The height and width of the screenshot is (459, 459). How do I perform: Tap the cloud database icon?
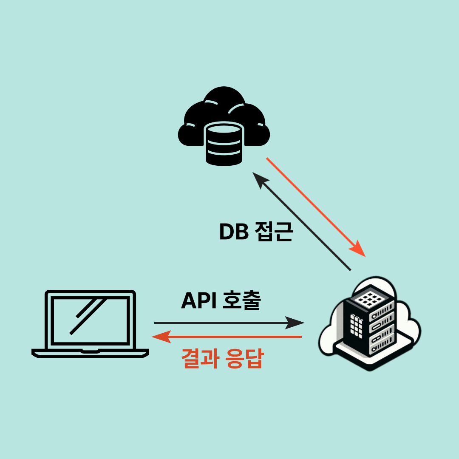224,125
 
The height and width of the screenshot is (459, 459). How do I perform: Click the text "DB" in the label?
234,232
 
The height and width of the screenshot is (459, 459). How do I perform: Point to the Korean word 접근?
274,232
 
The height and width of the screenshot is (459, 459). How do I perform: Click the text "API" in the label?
198,301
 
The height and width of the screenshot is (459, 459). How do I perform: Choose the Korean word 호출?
241,301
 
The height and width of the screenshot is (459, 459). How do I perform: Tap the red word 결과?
200,359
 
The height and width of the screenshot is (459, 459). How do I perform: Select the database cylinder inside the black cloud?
224,144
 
